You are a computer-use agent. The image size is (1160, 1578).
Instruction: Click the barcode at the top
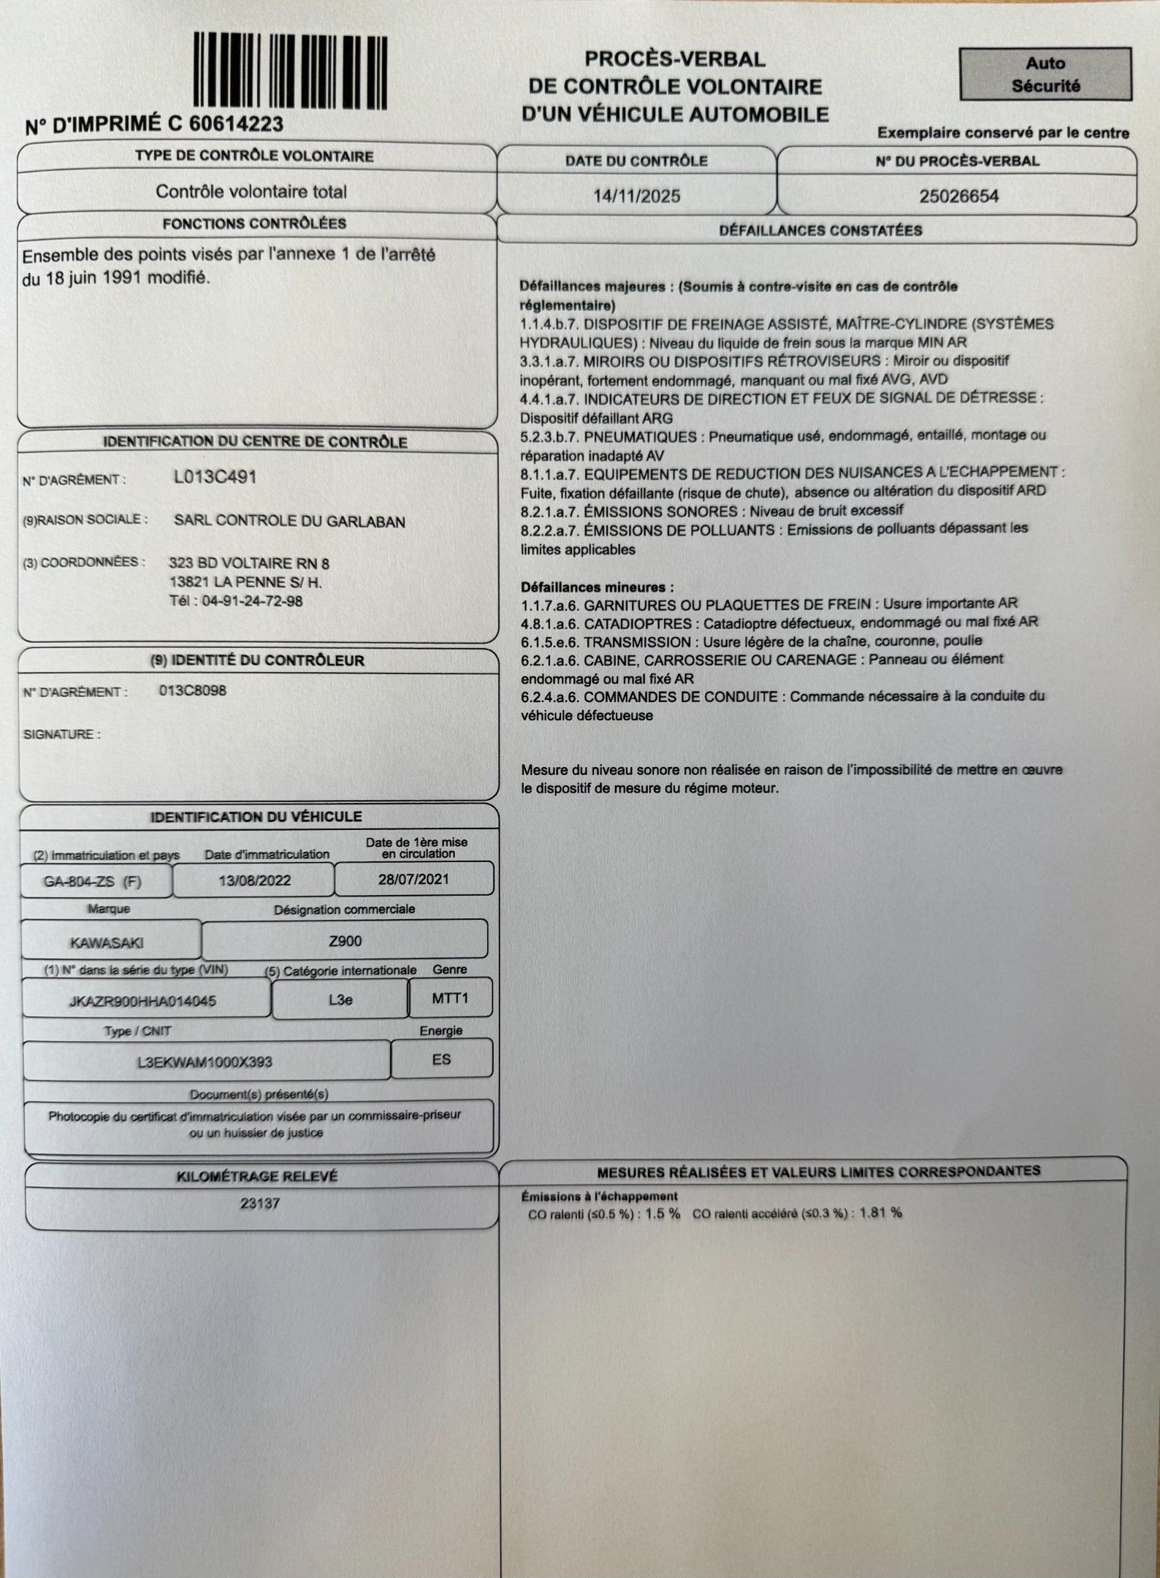pyautogui.click(x=290, y=72)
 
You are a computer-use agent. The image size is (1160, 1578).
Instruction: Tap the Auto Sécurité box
pyautogui.click(x=1045, y=75)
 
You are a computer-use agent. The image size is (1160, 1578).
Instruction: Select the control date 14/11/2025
pyautogui.click(x=636, y=196)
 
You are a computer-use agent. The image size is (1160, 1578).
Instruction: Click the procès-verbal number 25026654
pyautogui.click(x=958, y=196)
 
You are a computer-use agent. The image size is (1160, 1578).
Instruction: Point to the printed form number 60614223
pyautogui.click(x=236, y=124)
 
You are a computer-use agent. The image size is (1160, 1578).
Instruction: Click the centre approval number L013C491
pyautogui.click(x=215, y=477)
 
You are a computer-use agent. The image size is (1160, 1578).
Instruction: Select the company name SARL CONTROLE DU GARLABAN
pyautogui.click(x=289, y=521)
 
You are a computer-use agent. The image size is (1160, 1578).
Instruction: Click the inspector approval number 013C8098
pyautogui.click(x=193, y=690)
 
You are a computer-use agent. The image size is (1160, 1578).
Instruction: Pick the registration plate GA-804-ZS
pyautogui.click(x=83, y=881)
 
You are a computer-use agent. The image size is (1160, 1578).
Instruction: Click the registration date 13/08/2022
pyautogui.click(x=254, y=880)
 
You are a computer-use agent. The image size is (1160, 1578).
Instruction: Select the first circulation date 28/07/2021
pyautogui.click(x=413, y=879)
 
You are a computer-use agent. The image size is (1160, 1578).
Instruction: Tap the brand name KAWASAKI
pyautogui.click(x=107, y=942)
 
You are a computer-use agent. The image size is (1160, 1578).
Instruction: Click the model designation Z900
pyautogui.click(x=345, y=941)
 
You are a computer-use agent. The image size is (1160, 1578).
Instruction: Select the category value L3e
pyautogui.click(x=340, y=999)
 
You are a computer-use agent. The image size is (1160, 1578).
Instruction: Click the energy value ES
pyautogui.click(x=441, y=1059)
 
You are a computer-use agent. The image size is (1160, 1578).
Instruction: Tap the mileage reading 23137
pyautogui.click(x=260, y=1202)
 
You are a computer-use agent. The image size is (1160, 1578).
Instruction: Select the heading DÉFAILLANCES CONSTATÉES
pyautogui.click(x=820, y=231)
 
